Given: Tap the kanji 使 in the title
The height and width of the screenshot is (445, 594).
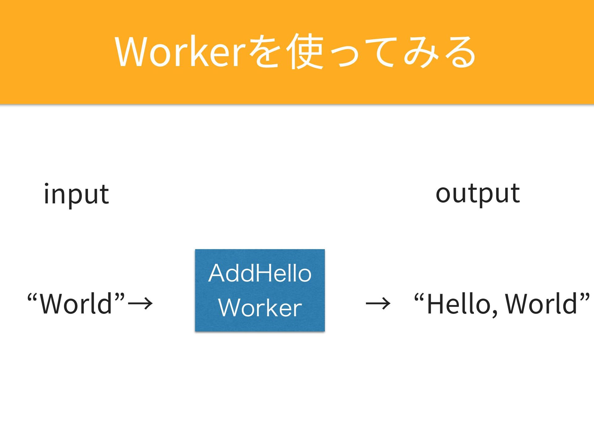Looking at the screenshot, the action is (x=305, y=52).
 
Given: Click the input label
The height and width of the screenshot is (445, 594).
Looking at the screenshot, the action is (x=76, y=194).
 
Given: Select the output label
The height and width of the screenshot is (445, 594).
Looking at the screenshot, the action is (x=477, y=194).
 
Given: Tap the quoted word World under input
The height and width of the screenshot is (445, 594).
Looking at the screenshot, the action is (x=76, y=304).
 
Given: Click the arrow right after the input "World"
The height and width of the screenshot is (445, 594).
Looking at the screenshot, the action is (x=140, y=303).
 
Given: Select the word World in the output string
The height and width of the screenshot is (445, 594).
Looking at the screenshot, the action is (x=541, y=304).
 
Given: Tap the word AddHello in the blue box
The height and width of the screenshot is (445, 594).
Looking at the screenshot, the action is (x=260, y=274).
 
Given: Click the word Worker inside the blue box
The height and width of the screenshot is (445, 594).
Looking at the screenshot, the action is (x=260, y=308).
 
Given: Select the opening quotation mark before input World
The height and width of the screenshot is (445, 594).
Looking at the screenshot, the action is (x=32, y=297).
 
